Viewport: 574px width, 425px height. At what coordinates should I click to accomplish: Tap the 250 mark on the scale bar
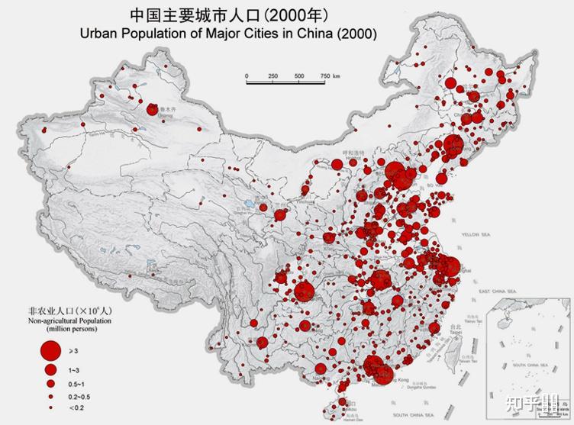pos(272,76)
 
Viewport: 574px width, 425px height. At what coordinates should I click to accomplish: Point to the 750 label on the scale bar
pos(324,76)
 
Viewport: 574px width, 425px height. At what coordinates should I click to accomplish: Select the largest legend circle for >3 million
pos(50,350)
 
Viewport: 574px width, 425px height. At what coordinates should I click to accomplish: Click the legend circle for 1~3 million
pos(50,369)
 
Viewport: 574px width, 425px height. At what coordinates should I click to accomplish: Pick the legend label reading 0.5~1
pos(77,383)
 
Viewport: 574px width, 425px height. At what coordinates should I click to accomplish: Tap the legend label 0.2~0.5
pos(79,397)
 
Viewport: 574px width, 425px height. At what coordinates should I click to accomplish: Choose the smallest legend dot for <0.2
pos(50,409)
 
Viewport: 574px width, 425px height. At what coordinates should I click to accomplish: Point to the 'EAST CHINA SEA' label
pos(497,291)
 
